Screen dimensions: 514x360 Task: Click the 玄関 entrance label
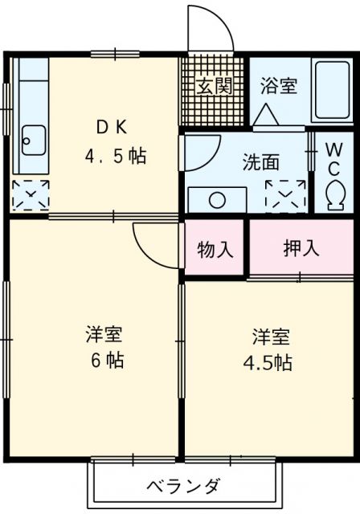214,86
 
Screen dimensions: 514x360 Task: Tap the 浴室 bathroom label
279,86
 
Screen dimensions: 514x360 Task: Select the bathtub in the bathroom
331,90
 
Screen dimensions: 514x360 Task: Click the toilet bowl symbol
336,192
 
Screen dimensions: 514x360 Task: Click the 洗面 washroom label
261,161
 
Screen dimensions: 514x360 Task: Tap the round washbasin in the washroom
217,198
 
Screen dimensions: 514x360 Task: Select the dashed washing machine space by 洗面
286,194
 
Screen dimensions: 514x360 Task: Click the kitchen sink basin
33,142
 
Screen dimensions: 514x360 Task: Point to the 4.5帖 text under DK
116,156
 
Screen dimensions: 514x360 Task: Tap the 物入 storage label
215,249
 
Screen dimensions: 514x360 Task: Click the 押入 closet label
301,248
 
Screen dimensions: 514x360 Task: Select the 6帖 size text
104,361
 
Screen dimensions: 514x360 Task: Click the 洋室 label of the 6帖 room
104,332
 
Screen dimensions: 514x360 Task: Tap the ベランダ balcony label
184,486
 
